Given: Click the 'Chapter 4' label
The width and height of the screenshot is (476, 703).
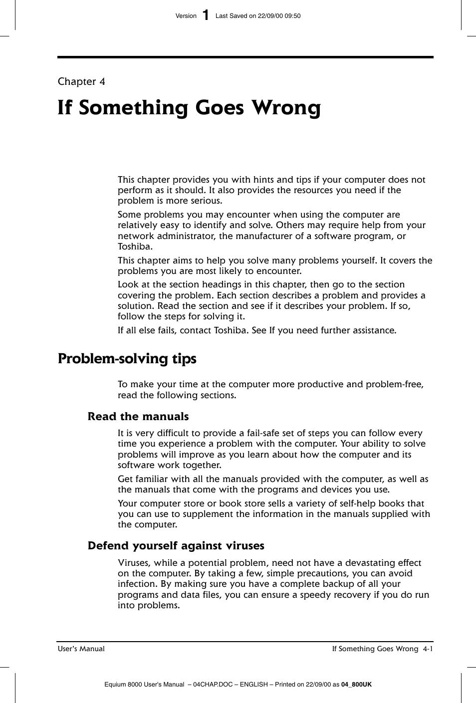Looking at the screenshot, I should click(x=81, y=81).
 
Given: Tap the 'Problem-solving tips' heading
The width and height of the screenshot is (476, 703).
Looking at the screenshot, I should click(x=127, y=359).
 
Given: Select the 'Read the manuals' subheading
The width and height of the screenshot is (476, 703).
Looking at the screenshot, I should click(x=138, y=417).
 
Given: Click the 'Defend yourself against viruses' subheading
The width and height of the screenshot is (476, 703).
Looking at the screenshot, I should click(x=176, y=546).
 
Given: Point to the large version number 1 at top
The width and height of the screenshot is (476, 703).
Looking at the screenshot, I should click(x=206, y=15).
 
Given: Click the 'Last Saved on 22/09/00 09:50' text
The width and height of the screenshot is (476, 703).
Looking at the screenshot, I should click(x=257, y=16).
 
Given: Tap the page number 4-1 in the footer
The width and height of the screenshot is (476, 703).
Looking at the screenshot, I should click(x=427, y=649).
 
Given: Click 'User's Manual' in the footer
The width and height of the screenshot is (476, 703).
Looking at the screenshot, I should click(x=81, y=649).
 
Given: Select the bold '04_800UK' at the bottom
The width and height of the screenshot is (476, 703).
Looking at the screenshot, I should click(x=356, y=685).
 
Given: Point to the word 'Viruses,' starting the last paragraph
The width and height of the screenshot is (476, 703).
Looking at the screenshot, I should click(x=135, y=563).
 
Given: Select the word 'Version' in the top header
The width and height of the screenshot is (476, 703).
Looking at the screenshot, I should click(x=186, y=16).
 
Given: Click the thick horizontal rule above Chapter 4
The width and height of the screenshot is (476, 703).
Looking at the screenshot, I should click(x=245, y=57).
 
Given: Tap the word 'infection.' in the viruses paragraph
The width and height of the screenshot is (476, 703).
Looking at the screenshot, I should click(x=138, y=584).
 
